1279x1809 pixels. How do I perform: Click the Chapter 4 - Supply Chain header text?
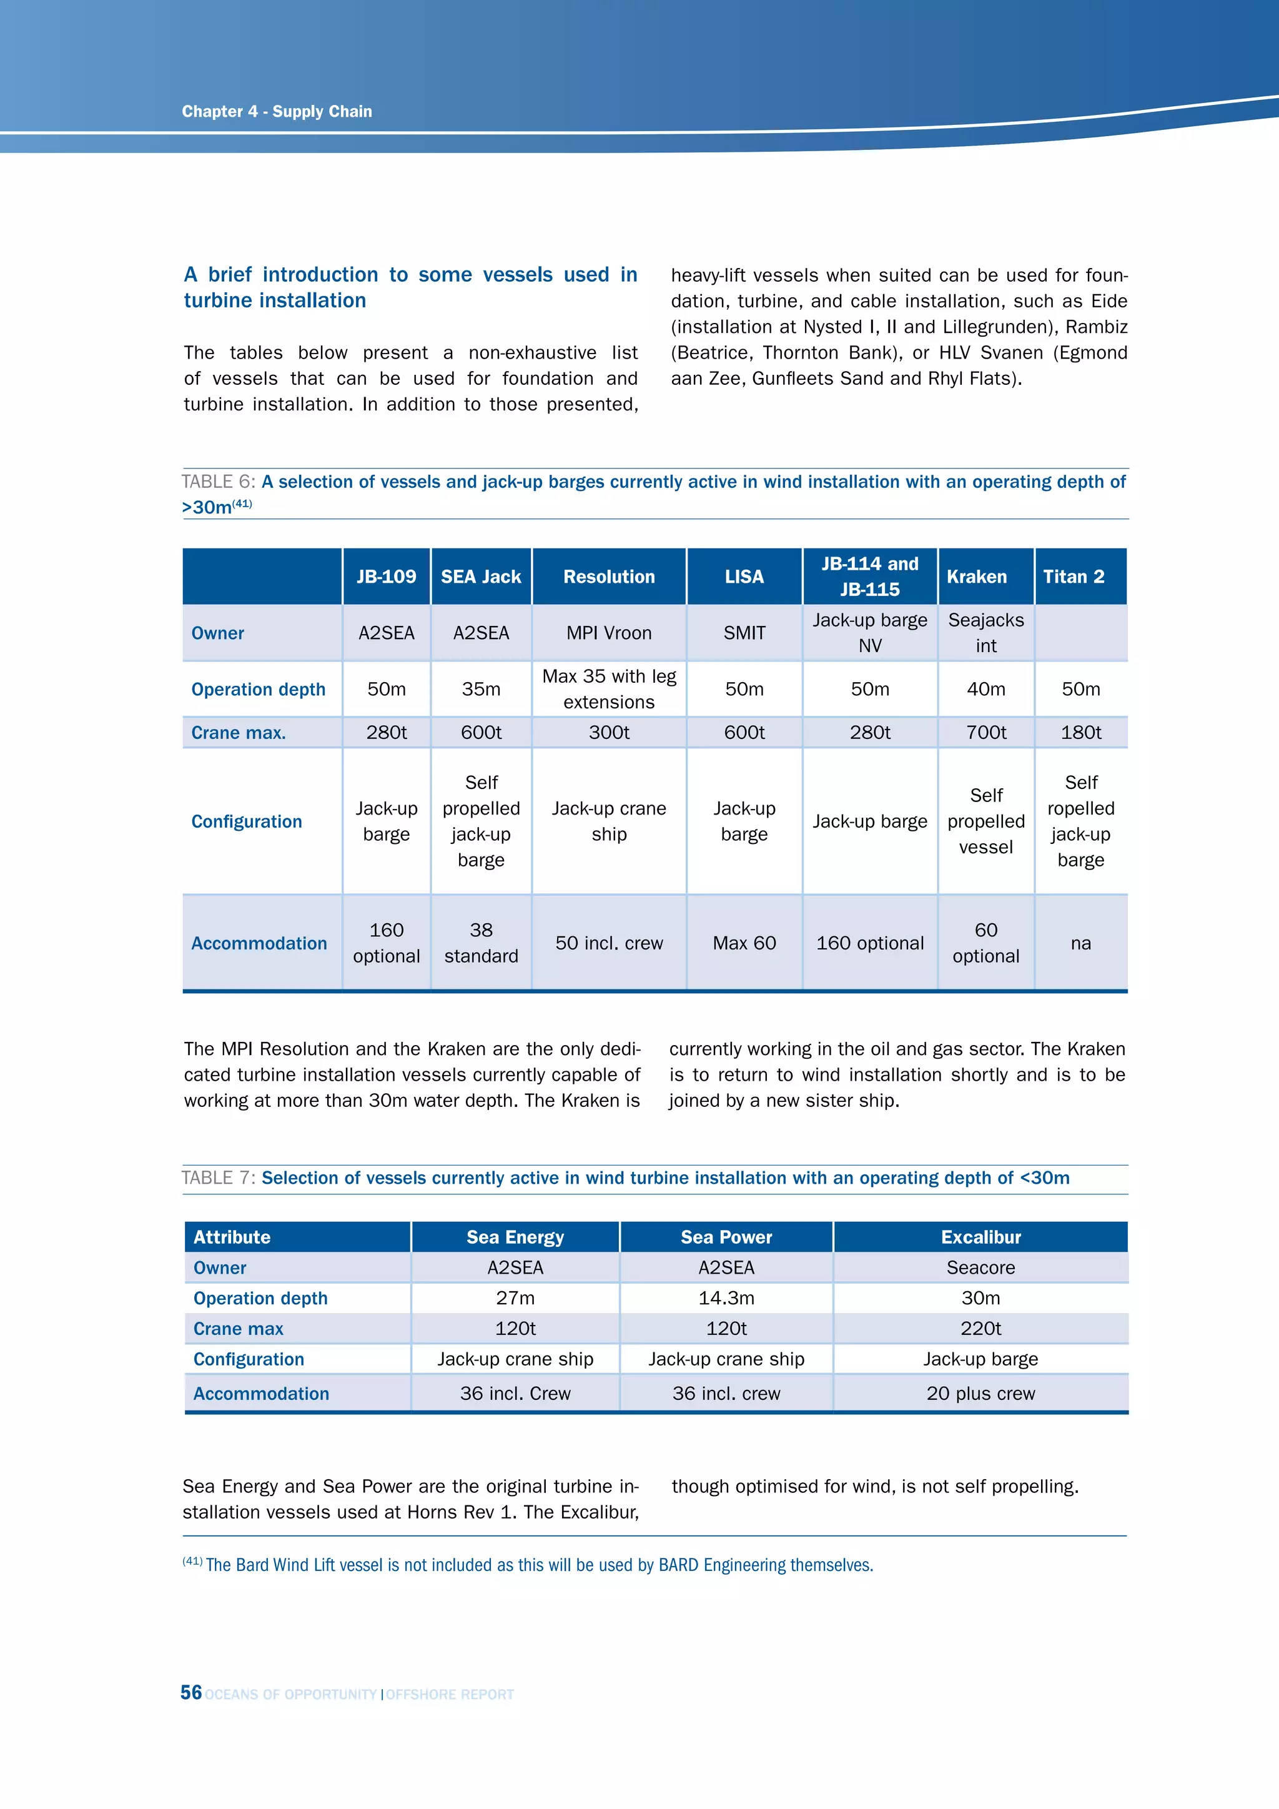point(277,111)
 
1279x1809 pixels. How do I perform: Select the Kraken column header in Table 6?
point(977,577)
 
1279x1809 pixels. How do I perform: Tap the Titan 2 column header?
point(1074,577)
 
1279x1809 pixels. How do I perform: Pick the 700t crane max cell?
point(986,733)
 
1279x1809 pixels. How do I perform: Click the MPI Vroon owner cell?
point(609,633)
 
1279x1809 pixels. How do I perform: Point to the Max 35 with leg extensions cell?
point(609,690)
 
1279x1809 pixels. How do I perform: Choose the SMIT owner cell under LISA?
point(744,633)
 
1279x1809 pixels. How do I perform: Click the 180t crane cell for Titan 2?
point(1080,733)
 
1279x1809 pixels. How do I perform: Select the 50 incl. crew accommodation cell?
point(609,943)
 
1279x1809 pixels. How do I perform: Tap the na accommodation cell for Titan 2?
point(1080,943)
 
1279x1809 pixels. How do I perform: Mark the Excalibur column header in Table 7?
point(980,1237)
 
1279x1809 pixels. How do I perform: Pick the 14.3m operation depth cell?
point(726,1297)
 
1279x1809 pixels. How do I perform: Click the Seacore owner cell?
point(980,1267)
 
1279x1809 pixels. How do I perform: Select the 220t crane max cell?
point(980,1329)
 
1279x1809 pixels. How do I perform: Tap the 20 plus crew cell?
point(980,1393)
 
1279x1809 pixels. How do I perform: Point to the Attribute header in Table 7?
point(232,1237)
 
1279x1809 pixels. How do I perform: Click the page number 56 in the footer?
point(190,1692)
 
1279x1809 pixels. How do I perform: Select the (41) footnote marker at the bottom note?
point(192,1561)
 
